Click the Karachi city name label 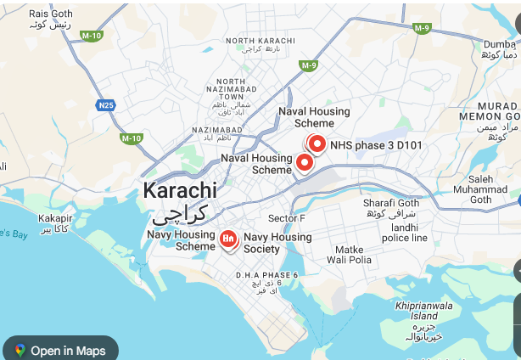tap(180, 190)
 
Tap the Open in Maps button tap(60, 350)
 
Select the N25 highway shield tap(105, 105)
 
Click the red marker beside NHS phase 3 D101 tap(317, 144)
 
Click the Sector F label tap(286, 218)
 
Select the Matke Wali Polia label tap(350, 254)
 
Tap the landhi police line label tap(404, 233)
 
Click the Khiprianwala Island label tap(424, 311)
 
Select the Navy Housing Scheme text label tap(183, 240)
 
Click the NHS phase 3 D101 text tap(376, 145)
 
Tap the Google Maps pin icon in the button tap(20, 350)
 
